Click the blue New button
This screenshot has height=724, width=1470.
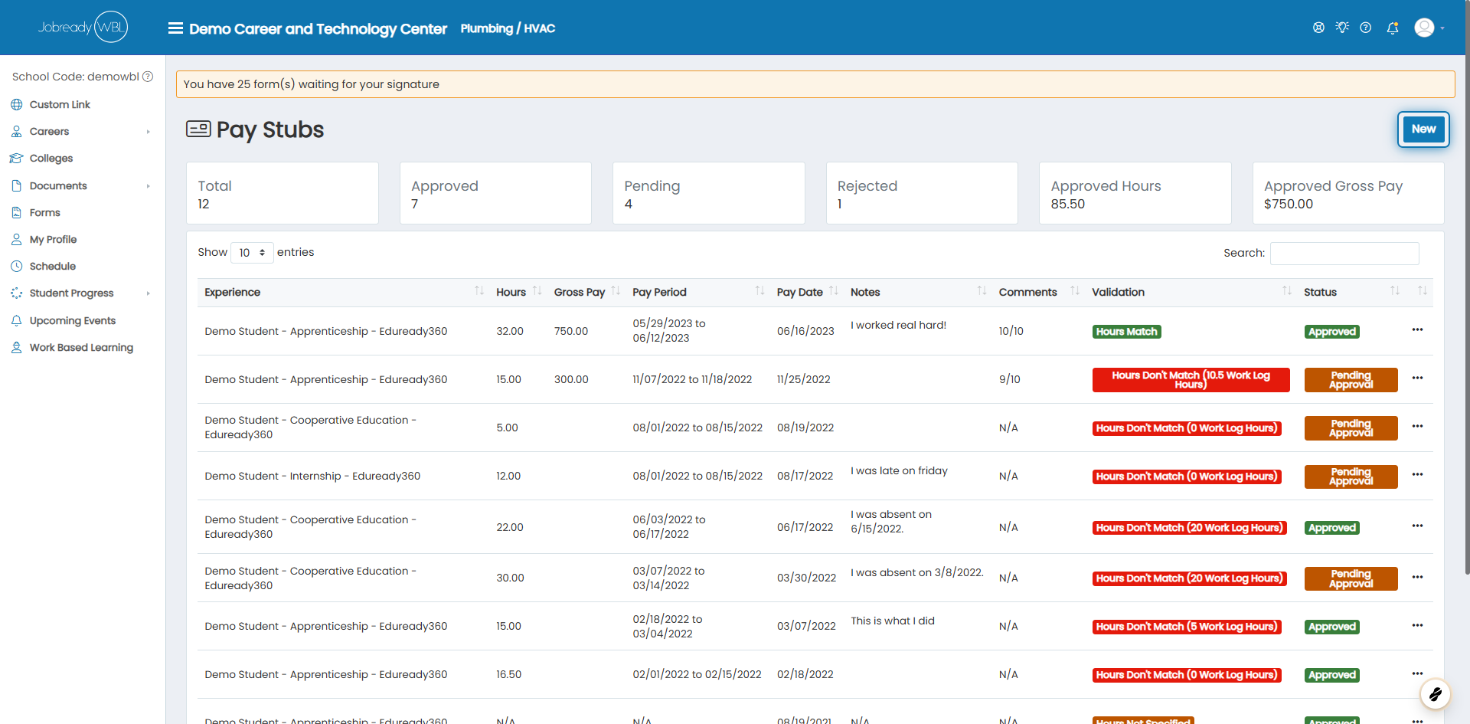tap(1423, 129)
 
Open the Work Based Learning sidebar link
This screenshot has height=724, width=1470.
tap(81, 348)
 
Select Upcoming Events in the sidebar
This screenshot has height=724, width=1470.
tap(73, 321)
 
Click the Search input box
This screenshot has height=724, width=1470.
tap(1344, 253)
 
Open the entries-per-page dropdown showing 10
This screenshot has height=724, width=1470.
tap(252, 252)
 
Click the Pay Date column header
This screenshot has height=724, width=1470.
tap(799, 292)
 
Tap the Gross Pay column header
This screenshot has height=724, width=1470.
tap(580, 292)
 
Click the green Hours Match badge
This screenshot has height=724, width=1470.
tap(1126, 332)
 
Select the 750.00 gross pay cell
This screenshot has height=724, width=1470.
tap(571, 331)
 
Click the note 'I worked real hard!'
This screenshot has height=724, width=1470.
tap(898, 325)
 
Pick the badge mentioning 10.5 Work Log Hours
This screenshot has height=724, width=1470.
tap(1191, 379)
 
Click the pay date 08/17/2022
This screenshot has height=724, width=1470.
tap(805, 476)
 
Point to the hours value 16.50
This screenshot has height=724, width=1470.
tap(508, 674)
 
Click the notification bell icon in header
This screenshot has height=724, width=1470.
tap(1393, 28)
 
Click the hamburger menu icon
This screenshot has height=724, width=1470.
tap(175, 28)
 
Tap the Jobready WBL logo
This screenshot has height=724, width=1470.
tap(83, 27)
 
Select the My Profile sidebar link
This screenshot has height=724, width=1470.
tap(53, 240)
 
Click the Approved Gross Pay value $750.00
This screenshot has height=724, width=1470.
tap(1288, 204)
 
